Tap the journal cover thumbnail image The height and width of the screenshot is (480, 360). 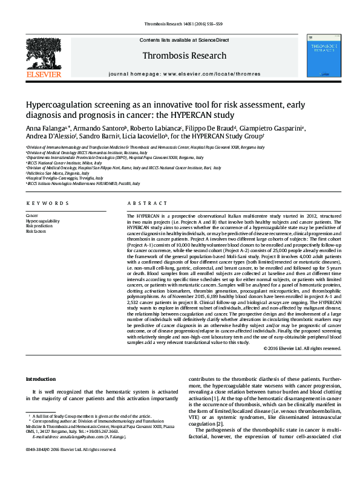(321, 55)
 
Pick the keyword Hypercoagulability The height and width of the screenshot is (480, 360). (42, 221)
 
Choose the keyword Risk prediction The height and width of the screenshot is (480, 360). (38, 226)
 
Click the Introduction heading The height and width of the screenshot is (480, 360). (41, 379)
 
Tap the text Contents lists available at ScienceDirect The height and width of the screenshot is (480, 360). (184, 39)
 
